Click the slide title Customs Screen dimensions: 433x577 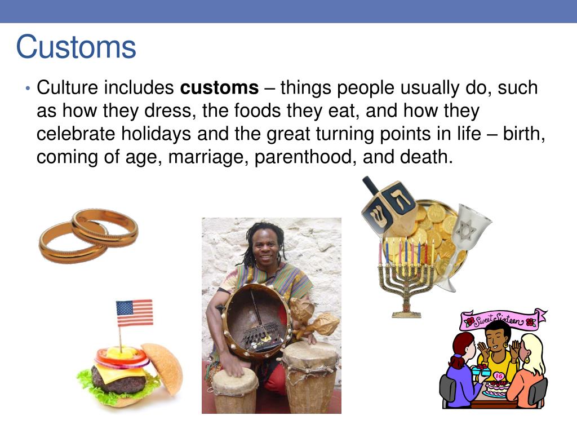(x=76, y=47)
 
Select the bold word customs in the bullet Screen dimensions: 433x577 (x=219, y=88)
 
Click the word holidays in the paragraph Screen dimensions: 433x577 (x=154, y=134)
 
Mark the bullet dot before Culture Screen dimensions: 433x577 (x=27, y=89)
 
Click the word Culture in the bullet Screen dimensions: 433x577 (x=69, y=88)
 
